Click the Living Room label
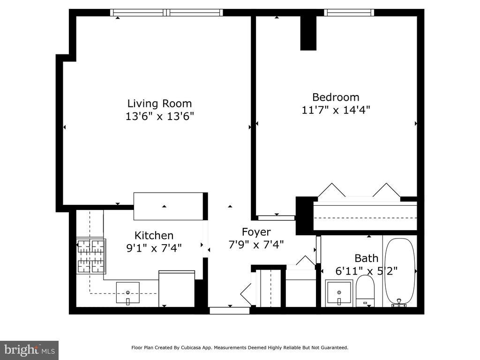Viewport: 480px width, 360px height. point(159,104)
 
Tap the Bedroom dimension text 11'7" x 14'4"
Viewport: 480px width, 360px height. point(336,110)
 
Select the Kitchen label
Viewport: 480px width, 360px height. point(154,235)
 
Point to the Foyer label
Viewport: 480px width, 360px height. point(256,232)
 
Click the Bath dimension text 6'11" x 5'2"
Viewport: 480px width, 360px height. point(367,271)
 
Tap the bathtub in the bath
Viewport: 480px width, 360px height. point(399,271)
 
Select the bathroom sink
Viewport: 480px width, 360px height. point(339,293)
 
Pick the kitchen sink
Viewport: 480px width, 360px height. point(127,293)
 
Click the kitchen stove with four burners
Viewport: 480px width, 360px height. point(91,256)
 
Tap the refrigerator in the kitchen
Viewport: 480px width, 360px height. point(177,289)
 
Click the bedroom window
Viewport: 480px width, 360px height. point(349,13)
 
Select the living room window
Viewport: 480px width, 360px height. point(166,13)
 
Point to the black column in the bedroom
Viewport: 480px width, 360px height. point(308,33)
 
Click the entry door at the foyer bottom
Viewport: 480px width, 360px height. point(230,310)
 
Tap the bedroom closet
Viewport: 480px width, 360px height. point(365,216)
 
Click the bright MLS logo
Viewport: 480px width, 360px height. point(30,350)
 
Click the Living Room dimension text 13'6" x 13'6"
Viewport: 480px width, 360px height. point(160,116)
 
